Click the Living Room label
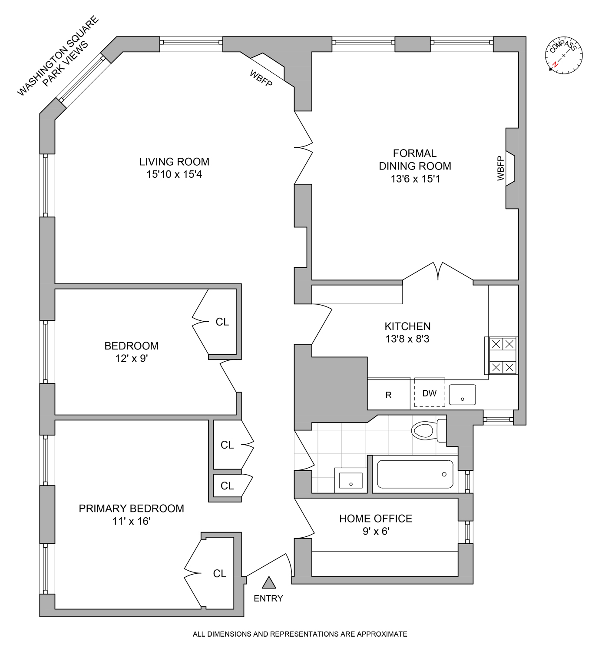pos(174,162)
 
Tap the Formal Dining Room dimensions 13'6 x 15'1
pos(415,179)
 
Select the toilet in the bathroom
pos(428,430)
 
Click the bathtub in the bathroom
pos(415,474)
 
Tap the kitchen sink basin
pos(462,395)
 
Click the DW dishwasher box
pos(429,393)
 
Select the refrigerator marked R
pos(389,395)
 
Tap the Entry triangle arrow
pos(269,582)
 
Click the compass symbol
pos(564,55)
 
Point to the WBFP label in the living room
pos(261,78)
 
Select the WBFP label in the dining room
pos(501,168)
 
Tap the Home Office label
pos(376,518)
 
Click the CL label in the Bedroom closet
pos(222,322)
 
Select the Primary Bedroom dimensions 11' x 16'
pos(131,521)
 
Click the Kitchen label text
pos(407,326)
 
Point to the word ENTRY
pos(268,599)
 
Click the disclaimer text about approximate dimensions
pos(300,634)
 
